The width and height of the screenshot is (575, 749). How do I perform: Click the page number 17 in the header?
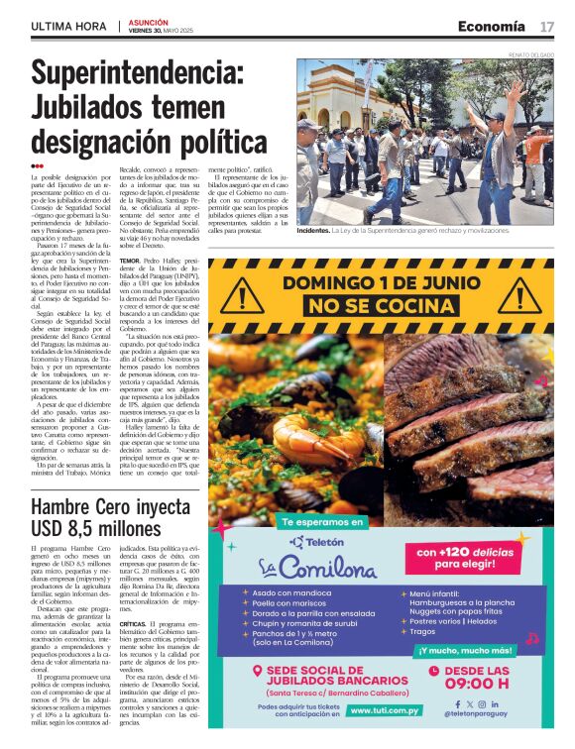click(x=547, y=26)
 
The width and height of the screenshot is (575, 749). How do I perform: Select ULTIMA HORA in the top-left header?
click(x=68, y=27)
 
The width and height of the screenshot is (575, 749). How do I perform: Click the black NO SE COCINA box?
click(x=381, y=307)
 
